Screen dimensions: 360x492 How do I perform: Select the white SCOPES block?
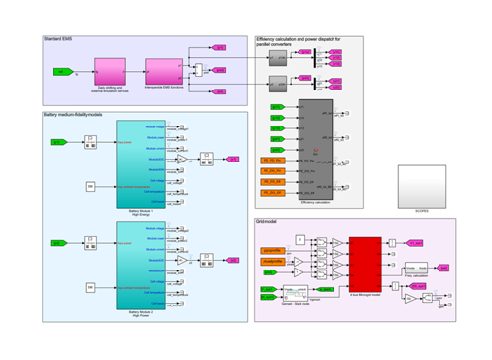[426, 184]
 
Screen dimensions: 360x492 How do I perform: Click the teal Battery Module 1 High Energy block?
[141, 162]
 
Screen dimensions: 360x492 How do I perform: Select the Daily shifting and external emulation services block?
[108, 71]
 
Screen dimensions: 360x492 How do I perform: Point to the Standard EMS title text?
[58, 40]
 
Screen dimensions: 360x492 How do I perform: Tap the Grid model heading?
[268, 224]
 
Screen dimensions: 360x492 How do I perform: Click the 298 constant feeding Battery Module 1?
[89, 185]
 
